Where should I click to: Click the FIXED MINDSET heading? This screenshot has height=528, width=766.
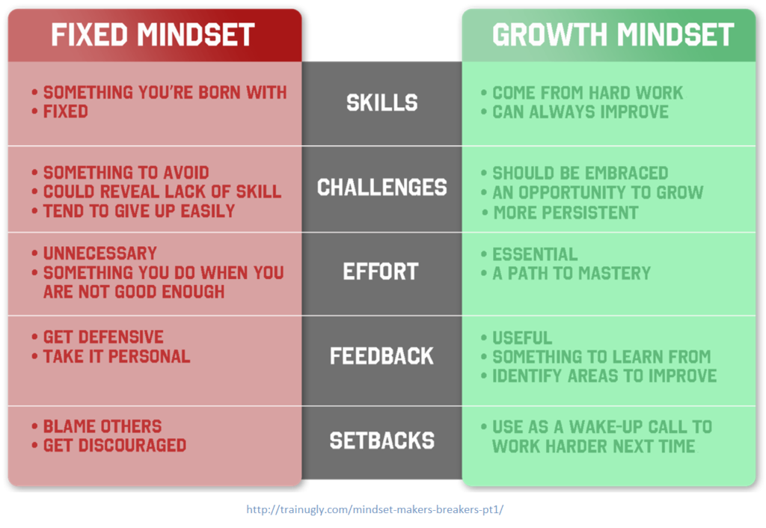coord(153,34)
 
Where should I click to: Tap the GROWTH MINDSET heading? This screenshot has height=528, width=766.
coord(613,34)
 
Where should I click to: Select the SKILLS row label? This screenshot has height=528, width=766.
coord(382,102)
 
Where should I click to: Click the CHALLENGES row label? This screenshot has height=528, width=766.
coord(382,187)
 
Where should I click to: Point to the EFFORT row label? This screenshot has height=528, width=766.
coord(381,271)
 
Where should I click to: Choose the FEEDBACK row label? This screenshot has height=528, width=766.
coord(382,356)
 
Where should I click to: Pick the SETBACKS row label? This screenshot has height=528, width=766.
coord(382,440)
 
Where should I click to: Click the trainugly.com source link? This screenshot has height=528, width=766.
coord(375,509)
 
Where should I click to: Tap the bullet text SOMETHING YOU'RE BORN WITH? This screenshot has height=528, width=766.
coord(165,92)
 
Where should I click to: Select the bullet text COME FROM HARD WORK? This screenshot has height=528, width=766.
coord(588,93)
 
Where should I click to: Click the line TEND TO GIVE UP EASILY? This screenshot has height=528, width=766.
coord(138,211)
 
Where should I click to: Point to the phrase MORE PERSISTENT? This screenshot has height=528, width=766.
coord(566,212)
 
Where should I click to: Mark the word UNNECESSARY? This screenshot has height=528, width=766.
coord(99,253)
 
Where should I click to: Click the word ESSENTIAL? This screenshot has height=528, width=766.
coord(535,254)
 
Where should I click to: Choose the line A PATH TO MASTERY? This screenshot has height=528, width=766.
coord(572,273)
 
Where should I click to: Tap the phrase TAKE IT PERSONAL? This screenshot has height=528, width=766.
coord(116,357)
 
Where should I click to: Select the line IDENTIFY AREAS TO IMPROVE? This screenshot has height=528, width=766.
coord(604,375)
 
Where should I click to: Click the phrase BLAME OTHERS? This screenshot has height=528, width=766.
coord(102,426)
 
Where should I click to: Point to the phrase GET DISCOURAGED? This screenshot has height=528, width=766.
coord(114,446)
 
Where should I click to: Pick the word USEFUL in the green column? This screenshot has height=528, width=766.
coord(522,337)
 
